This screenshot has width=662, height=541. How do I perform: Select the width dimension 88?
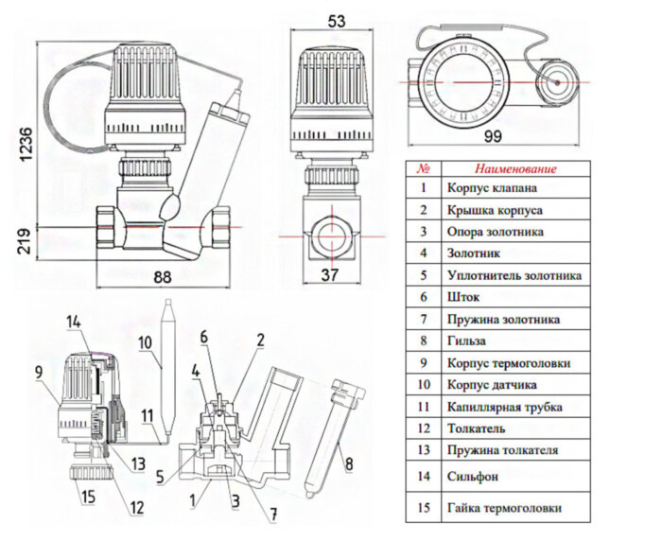(x=164, y=277)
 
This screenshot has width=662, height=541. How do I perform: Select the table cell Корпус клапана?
(x=490, y=188)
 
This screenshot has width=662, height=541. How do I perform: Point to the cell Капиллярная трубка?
(x=504, y=407)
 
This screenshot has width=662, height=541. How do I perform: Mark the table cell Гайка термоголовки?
(x=504, y=509)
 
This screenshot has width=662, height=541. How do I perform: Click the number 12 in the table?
(x=425, y=428)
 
